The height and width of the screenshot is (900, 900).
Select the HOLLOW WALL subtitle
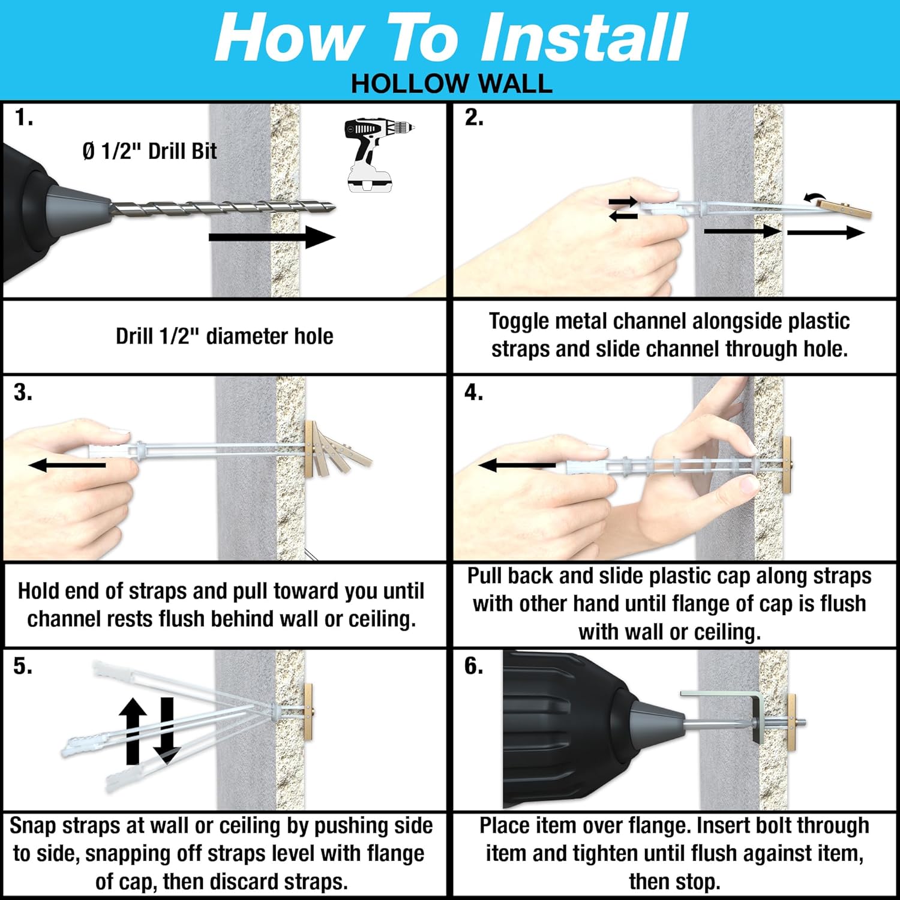coord(451,83)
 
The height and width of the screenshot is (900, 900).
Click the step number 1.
coord(23,118)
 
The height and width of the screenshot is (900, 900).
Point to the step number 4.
coord(473,392)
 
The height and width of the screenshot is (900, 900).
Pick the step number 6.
coord(473,666)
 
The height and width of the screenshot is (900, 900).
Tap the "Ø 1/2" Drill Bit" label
coord(149,151)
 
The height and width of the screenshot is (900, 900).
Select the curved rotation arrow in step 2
coord(814,197)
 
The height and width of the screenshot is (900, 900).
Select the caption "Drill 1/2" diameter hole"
coord(224,336)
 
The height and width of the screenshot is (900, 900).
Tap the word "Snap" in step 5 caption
coord(34,826)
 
